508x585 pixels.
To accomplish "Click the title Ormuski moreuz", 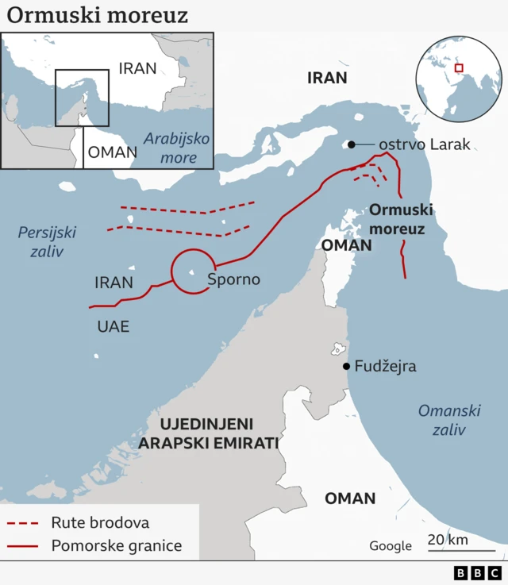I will (98, 15).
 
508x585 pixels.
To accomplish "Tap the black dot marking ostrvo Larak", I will (349, 144).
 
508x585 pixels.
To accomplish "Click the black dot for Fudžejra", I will (346, 366).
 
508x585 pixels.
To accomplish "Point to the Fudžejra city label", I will (385, 367).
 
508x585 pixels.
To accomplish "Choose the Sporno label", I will (233, 279).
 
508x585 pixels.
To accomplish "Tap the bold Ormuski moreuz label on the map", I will (402, 220).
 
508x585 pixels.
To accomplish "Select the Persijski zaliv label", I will (48, 242).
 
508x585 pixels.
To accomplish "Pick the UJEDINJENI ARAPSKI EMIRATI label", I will (208, 433).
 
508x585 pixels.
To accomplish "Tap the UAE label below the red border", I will (113, 326).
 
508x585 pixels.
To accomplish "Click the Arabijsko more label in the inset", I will (176, 148).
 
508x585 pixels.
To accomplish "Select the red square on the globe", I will (458, 68).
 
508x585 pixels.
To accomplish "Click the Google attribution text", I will (391, 546).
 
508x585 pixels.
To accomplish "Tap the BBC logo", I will (478, 572).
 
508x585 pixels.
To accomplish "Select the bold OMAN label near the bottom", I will (350, 498).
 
